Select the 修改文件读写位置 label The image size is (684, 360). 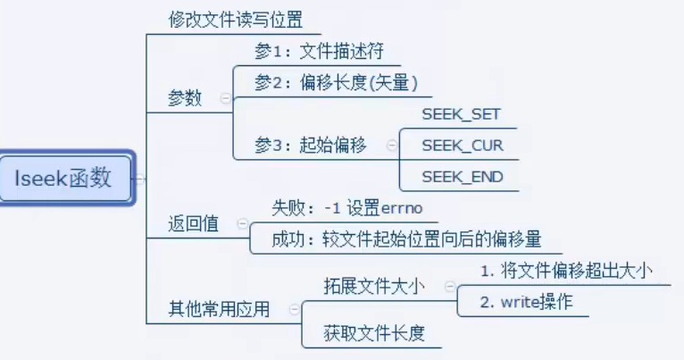tap(236, 19)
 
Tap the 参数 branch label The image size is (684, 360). tap(185, 98)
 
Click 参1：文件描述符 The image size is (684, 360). tap(319, 50)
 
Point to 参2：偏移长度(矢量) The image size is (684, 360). tap(336, 83)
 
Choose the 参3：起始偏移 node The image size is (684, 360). tap(310, 146)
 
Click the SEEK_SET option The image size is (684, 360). tap(461, 114)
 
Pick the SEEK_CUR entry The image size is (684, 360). tap(462, 146)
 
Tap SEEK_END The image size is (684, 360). tap(462, 177)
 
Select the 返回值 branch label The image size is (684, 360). tap(193, 224)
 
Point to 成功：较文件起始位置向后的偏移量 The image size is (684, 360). tap(406, 240)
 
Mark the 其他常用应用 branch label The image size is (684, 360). tap(219, 309)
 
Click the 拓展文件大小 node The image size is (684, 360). tap(374, 286)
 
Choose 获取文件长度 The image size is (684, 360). tap(374, 334)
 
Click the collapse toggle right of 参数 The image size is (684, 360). tap(223, 99)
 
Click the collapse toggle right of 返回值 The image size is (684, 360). tap(239, 225)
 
